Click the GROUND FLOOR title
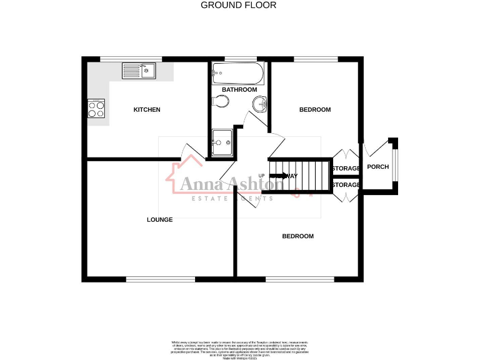(238, 5)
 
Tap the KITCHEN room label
(147, 110)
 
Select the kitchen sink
(139, 70)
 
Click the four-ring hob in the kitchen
(96, 110)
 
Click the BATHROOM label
(239, 90)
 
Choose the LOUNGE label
(159, 219)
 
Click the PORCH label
(377, 167)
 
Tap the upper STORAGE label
(346, 169)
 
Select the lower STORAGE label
(346, 185)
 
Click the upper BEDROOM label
(315, 110)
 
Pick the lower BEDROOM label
(297, 236)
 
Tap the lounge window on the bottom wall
(160, 279)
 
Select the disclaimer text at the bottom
(240, 348)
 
